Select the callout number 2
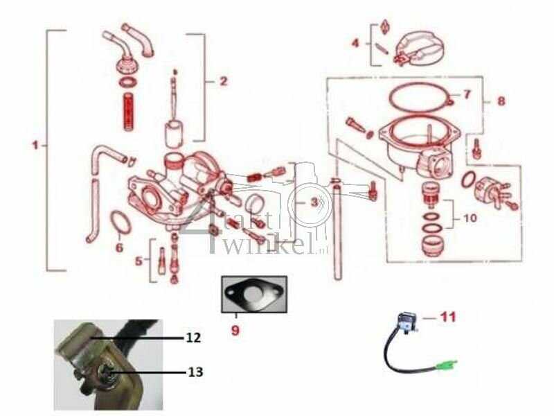click(x=223, y=81)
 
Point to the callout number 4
click(x=355, y=43)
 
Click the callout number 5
click(x=139, y=261)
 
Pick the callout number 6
click(x=119, y=247)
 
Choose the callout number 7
click(x=466, y=94)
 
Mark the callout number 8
click(x=501, y=101)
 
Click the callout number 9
click(x=235, y=331)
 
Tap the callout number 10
click(x=470, y=218)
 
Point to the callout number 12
click(x=193, y=338)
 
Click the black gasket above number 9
click(x=253, y=295)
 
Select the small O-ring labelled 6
click(x=121, y=224)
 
